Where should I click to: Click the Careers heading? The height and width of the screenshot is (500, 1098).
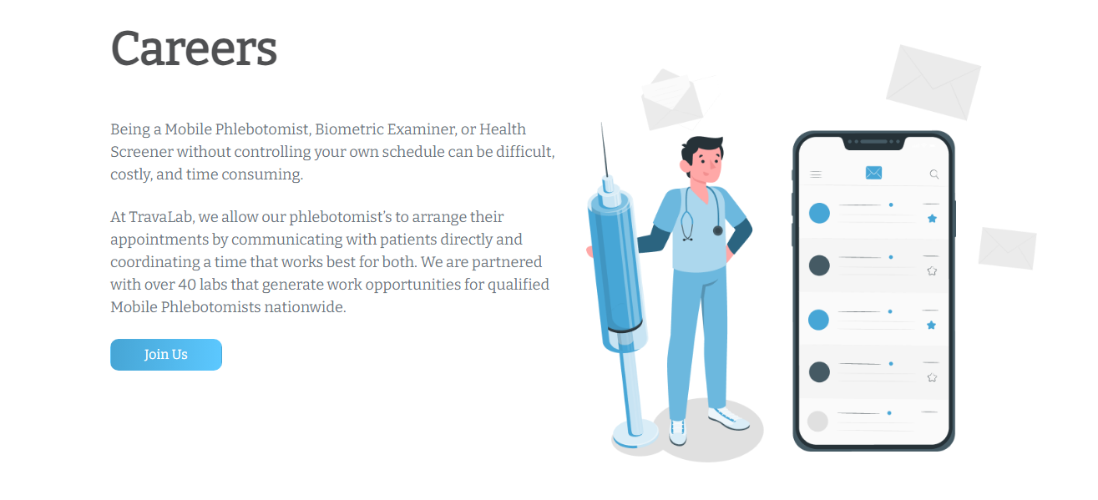(x=194, y=48)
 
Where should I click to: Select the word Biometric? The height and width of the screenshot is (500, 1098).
(x=348, y=129)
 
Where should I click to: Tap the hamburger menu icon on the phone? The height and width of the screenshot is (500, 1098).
(x=816, y=174)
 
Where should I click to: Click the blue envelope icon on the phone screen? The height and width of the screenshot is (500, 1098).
(x=873, y=173)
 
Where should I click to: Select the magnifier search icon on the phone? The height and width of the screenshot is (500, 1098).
(x=934, y=174)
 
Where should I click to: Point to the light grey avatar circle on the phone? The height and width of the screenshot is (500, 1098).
(x=818, y=421)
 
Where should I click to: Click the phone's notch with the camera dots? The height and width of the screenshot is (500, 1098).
(x=873, y=142)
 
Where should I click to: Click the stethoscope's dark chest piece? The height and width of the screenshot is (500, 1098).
(x=717, y=230)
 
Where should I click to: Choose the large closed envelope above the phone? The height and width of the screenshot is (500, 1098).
(x=932, y=82)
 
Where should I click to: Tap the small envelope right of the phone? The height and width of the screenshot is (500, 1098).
(x=1007, y=248)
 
